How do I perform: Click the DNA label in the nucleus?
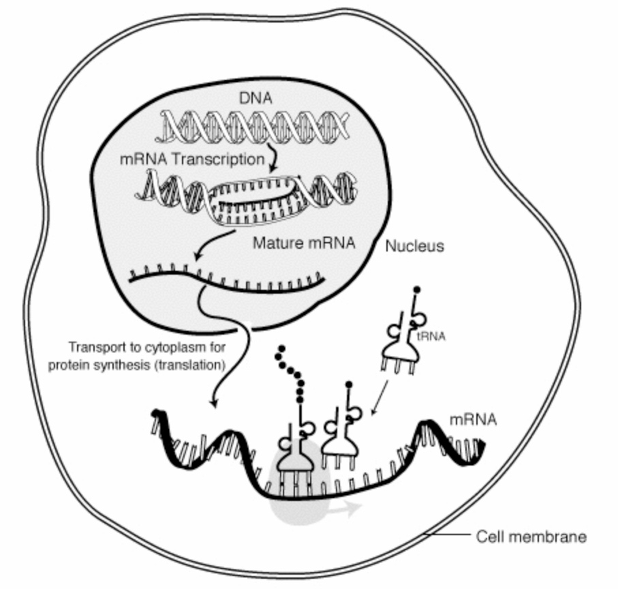(256, 98)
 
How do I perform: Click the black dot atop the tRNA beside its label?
(416, 290)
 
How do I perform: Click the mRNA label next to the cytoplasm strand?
(474, 420)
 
